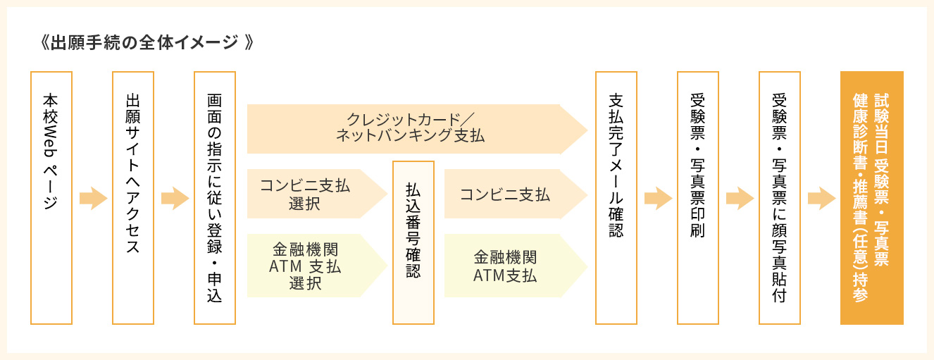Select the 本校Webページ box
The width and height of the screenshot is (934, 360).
click(51, 197)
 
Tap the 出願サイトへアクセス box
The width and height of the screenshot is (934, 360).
click(133, 197)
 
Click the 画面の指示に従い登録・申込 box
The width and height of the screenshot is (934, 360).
click(215, 197)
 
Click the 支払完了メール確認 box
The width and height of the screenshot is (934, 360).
click(616, 197)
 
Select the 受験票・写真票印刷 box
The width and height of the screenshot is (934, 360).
click(697, 197)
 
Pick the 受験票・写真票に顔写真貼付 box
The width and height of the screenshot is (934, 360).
click(779, 197)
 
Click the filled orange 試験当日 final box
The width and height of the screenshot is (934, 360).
click(871, 197)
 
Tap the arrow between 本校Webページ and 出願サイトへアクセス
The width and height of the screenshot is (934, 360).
click(92, 198)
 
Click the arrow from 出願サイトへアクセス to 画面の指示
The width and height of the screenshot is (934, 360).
click(174, 198)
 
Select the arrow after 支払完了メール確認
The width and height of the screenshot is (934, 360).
click(657, 198)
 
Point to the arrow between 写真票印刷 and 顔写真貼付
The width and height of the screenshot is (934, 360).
click(739, 198)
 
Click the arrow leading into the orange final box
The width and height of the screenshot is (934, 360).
click(821, 198)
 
